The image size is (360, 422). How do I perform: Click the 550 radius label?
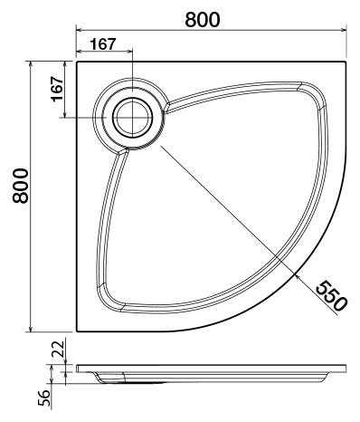coord(330,294)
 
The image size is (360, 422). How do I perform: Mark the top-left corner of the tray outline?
coord(78,62)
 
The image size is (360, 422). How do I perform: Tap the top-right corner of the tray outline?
coord(347,62)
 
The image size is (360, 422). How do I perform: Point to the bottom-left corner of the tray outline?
coord(78,331)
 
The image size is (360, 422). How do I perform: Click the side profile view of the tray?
coord(213,372)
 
